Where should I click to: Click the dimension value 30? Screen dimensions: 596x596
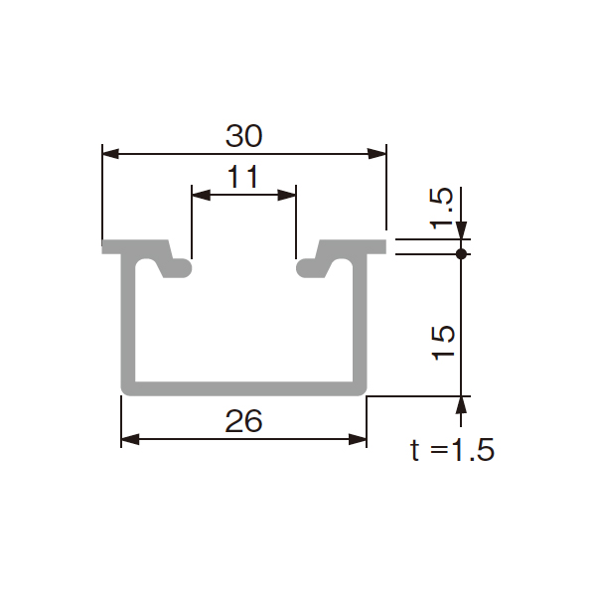click(x=244, y=136)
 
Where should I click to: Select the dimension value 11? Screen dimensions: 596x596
click(x=243, y=177)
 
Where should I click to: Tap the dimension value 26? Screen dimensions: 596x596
click(x=244, y=421)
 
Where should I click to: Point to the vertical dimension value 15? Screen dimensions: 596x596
click(x=443, y=343)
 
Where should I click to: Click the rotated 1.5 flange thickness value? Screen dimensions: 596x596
click(x=441, y=209)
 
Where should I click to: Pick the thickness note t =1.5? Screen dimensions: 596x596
click(x=452, y=450)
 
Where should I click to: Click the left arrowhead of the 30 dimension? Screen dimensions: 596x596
click(x=110, y=154)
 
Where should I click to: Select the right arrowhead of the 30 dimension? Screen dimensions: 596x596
click(x=377, y=154)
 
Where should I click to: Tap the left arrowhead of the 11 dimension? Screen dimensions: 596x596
click(x=201, y=196)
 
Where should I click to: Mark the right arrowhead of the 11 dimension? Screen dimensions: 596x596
click(x=287, y=196)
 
